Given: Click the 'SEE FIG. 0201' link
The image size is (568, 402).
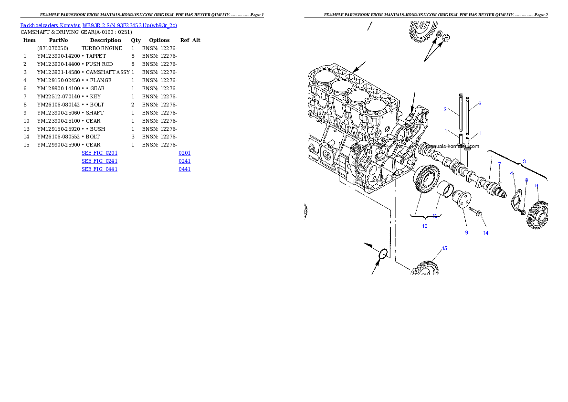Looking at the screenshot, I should [99, 153].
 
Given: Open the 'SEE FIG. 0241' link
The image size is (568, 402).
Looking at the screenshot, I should [99, 161].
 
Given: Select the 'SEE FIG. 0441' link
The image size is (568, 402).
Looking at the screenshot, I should [99, 169].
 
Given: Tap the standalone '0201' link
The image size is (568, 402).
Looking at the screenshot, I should [185, 153].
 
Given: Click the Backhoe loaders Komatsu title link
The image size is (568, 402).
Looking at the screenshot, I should [98, 25].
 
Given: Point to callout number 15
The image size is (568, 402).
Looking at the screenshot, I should [444, 248].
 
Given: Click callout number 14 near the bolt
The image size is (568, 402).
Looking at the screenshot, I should [486, 233].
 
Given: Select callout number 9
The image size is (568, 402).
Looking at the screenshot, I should [467, 233].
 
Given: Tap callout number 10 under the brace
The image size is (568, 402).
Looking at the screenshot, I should [425, 226].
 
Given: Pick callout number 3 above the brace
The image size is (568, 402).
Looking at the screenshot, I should [524, 161].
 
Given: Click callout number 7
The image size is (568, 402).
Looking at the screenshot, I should [499, 164].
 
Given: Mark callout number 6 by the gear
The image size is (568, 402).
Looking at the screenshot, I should [536, 185].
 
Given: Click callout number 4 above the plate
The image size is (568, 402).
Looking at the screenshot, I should [512, 173].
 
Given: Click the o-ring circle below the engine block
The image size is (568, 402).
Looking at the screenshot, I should [383, 254].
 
